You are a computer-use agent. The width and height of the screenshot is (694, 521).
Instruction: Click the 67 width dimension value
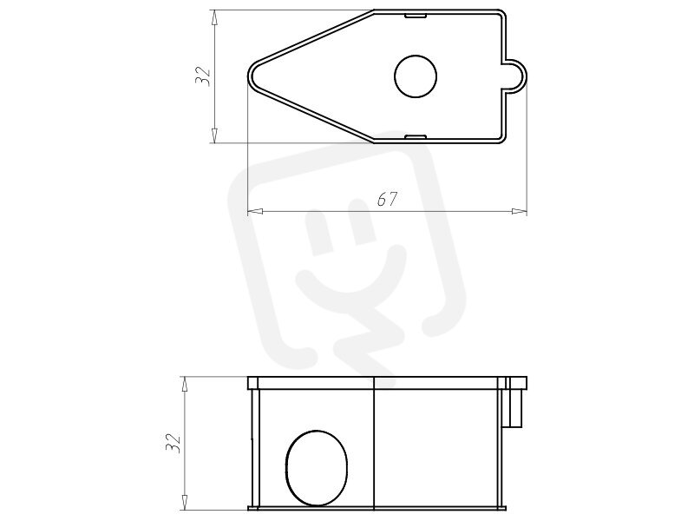point(387,200)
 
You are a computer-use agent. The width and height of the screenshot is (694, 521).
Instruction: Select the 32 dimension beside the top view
point(202,76)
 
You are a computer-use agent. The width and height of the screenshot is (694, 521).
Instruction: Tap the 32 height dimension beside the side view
point(173,442)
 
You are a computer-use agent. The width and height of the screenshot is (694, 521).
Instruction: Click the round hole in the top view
point(416,76)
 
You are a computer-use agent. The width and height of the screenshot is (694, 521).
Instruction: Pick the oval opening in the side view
point(317,467)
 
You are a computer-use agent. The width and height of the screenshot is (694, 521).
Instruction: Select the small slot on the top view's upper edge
point(416,16)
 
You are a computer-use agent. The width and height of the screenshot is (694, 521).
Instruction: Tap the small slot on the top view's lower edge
point(416,136)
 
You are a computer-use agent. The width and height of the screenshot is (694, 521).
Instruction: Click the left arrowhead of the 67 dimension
point(254,211)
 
